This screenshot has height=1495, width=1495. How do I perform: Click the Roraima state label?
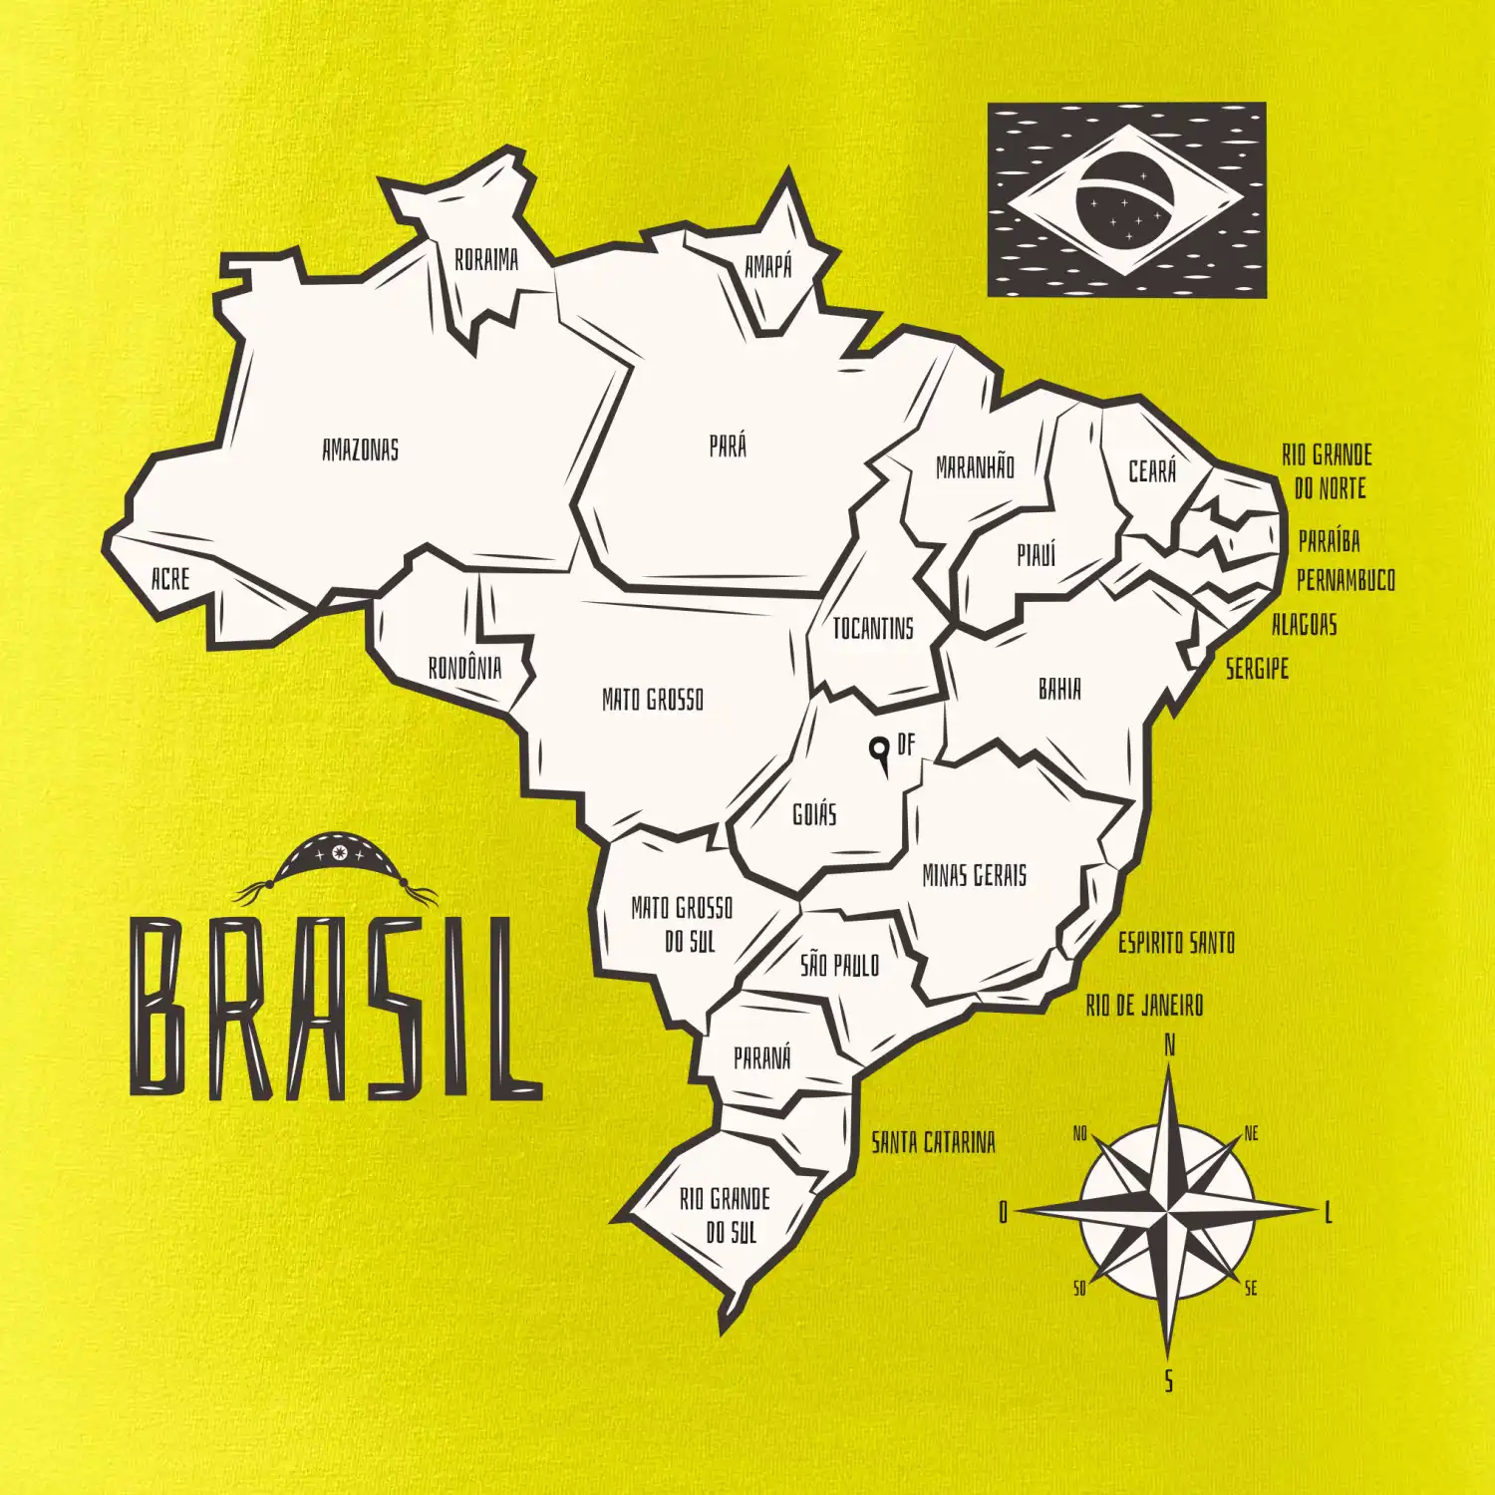(x=486, y=260)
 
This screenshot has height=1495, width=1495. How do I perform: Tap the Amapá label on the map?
(x=768, y=266)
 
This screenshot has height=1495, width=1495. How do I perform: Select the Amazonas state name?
(x=360, y=449)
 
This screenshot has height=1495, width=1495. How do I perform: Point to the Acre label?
(x=169, y=578)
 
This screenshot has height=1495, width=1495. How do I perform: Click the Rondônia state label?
(x=464, y=667)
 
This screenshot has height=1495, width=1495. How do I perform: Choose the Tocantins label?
(x=873, y=628)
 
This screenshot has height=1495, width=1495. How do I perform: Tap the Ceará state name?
(x=1152, y=470)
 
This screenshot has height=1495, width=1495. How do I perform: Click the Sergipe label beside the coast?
(x=1257, y=668)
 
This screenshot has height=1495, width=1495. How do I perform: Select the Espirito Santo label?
(x=1176, y=942)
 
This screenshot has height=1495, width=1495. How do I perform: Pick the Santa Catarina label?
(x=933, y=1142)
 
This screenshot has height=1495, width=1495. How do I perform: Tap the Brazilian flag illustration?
(x=1126, y=199)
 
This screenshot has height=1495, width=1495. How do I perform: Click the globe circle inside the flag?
(x=1125, y=200)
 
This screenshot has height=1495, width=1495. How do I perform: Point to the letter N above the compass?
(x=1170, y=1046)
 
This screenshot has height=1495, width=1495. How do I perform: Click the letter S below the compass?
(x=1169, y=1381)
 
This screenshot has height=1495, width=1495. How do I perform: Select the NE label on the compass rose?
(x=1252, y=1133)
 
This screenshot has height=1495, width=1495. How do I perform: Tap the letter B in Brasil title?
(x=160, y=1008)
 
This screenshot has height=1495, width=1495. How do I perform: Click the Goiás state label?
(x=814, y=814)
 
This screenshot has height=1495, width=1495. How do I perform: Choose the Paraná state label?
(x=762, y=1057)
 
